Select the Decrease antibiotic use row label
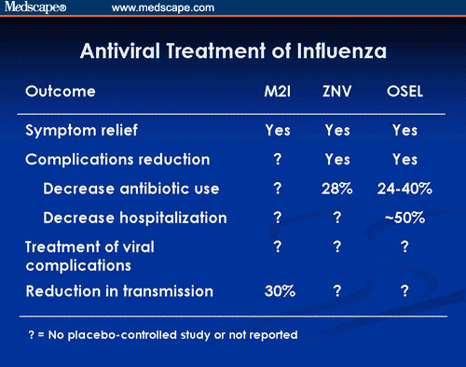pyautogui.click(x=130, y=189)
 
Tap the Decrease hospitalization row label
pyautogui.click(x=135, y=218)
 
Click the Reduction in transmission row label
pyautogui.click(x=118, y=291)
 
